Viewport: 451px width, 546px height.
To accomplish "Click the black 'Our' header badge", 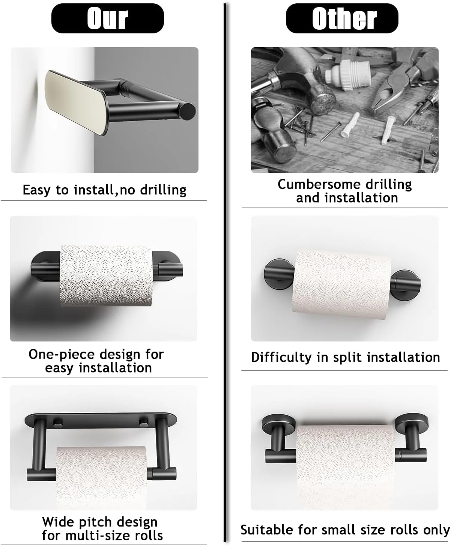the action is [107, 18].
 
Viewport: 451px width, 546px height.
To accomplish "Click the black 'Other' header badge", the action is [342, 18].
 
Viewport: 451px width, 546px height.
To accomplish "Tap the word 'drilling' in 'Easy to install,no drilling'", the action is [163, 190].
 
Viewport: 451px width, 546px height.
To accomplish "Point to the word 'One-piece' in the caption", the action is [62, 355].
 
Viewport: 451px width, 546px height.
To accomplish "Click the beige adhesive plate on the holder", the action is [75, 102].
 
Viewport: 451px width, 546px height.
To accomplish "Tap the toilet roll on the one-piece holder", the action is [106, 275].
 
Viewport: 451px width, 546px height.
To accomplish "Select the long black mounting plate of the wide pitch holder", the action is [101, 421].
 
